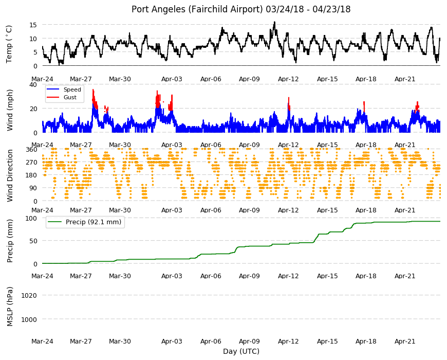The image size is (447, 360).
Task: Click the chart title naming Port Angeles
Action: [x=241, y=9]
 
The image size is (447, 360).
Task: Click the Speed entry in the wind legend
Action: [x=72, y=89]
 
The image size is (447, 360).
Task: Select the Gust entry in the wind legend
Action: [x=70, y=97]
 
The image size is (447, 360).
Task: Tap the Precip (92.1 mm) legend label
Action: [x=94, y=222]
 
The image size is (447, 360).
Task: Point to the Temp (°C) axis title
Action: [x=9, y=44]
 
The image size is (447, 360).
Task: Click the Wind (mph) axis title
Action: [x=10, y=110]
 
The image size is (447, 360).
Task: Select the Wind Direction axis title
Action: [x=10, y=175]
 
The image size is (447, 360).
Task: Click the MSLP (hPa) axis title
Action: [x=10, y=307]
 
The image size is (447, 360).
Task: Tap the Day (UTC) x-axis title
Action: [x=241, y=351]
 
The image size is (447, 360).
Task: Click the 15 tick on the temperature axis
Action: [x=33, y=25]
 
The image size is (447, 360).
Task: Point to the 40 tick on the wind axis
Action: [x=33, y=85]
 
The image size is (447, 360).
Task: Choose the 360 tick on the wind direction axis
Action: [x=31, y=150]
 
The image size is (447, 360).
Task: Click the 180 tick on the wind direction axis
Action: [x=31, y=175]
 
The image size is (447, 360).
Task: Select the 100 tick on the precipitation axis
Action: [x=31, y=218]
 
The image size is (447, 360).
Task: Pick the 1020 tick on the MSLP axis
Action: [x=29, y=296]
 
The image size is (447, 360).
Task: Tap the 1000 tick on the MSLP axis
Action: [x=29, y=319]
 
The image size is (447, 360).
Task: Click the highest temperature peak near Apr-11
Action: [x=274, y=22]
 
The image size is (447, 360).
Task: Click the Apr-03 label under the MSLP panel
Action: [x=172, y=341]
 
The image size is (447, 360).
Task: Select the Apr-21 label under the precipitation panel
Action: [x=405, y=276]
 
